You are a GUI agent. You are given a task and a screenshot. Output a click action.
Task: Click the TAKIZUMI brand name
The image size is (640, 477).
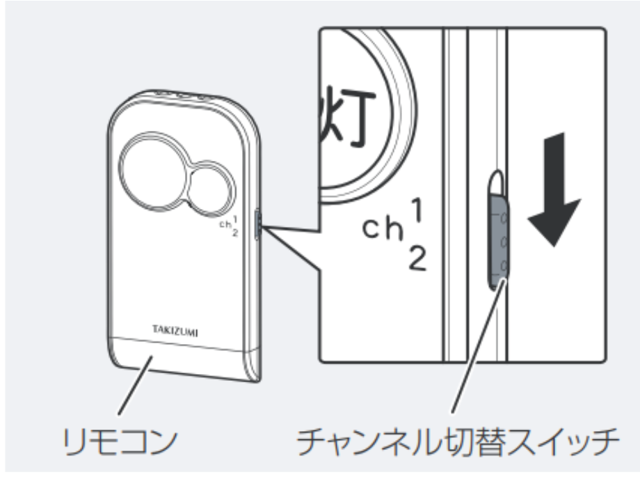[x=175, y=329]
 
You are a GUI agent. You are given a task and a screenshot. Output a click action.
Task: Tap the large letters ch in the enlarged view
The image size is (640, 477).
[x=383, y=229]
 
